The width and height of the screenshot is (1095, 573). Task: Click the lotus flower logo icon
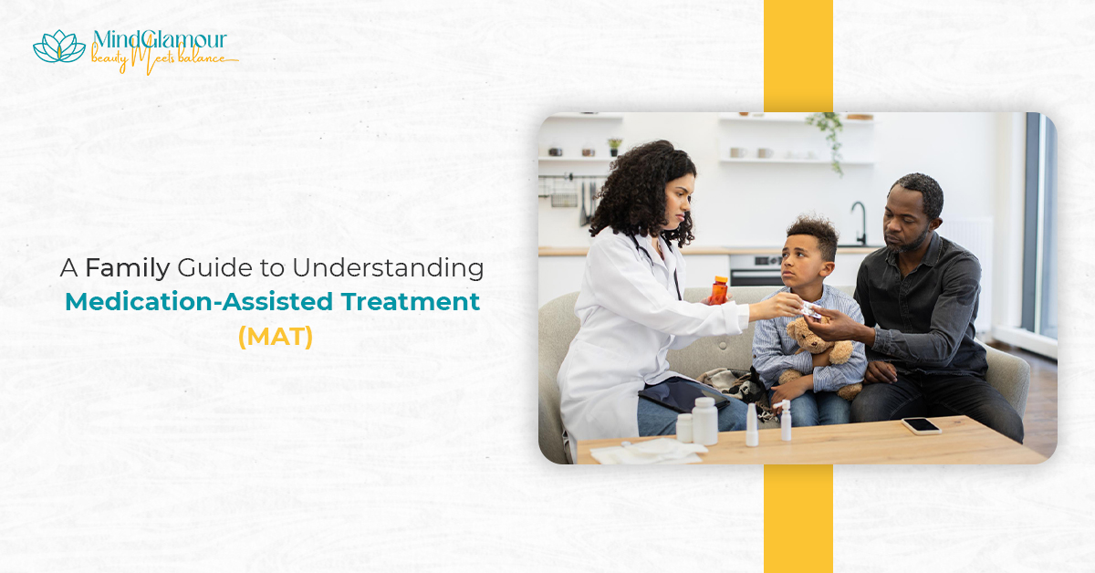point(59,47)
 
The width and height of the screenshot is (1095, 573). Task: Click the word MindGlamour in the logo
point(160,39)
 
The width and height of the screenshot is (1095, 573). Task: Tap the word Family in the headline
point(128,269)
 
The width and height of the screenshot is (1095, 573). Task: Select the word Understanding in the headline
point(388,269)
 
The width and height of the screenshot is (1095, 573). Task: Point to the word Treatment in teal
point(411,302)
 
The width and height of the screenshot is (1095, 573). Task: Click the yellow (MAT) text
point(276,337)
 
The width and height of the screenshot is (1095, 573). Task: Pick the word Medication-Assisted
point(199,302)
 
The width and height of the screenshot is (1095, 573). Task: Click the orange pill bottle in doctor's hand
point(718,291)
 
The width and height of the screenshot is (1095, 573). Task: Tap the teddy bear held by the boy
point(819,352)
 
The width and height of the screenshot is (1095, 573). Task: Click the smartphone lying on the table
point(922,425)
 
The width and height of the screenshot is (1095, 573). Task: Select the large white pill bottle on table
point(704,421)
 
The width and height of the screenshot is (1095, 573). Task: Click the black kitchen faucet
point(860,223)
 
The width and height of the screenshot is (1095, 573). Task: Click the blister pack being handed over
point(810,310)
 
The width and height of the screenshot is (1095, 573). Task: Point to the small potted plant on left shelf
point(614,147)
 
